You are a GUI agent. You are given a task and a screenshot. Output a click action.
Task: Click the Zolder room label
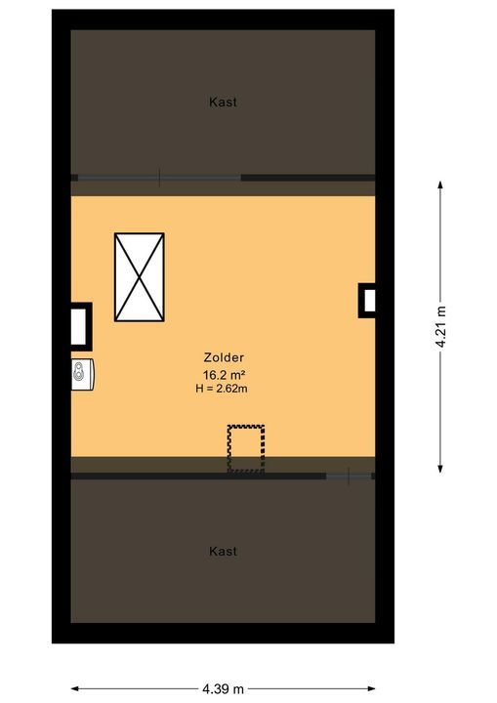(x=224, y=357)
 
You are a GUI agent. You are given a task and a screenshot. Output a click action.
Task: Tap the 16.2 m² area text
(x=224, y=374)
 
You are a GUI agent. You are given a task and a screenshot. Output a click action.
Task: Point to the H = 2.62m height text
(x=222, y=389)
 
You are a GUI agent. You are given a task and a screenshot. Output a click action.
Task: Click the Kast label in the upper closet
(x=223, y=102)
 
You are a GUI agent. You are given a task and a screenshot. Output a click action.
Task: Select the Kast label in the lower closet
(x=223, y=551)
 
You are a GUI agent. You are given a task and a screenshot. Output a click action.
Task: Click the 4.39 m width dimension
(x=223, y=688)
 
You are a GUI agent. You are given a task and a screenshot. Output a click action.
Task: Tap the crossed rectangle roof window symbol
(x=139, y=277)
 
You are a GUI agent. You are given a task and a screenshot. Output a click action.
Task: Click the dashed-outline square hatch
(x=246, y=449)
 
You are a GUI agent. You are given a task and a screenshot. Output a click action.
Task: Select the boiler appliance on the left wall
(x=83, y=374)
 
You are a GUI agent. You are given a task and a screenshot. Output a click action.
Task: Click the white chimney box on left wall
(x=81, y=326)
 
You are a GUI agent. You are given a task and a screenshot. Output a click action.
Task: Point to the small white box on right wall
(x=367, y=301)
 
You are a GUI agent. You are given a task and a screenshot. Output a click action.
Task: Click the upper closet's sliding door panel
(x=159, y=178)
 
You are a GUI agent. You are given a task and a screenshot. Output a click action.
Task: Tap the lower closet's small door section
(x=349, y=476)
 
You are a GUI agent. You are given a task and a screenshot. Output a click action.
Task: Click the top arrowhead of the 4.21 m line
(x=440, y=186)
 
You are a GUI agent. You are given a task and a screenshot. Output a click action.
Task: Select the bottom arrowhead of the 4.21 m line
(x=440, y=468)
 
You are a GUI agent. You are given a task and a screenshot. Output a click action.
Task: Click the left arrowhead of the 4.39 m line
(x=76, y=688)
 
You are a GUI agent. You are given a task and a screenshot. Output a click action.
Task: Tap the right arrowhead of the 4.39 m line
(x=370, y=688)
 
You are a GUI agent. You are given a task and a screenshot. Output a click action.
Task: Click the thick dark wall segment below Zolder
(x=198, y=476)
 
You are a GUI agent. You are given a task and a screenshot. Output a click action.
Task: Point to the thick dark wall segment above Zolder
(x=309, y=178)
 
